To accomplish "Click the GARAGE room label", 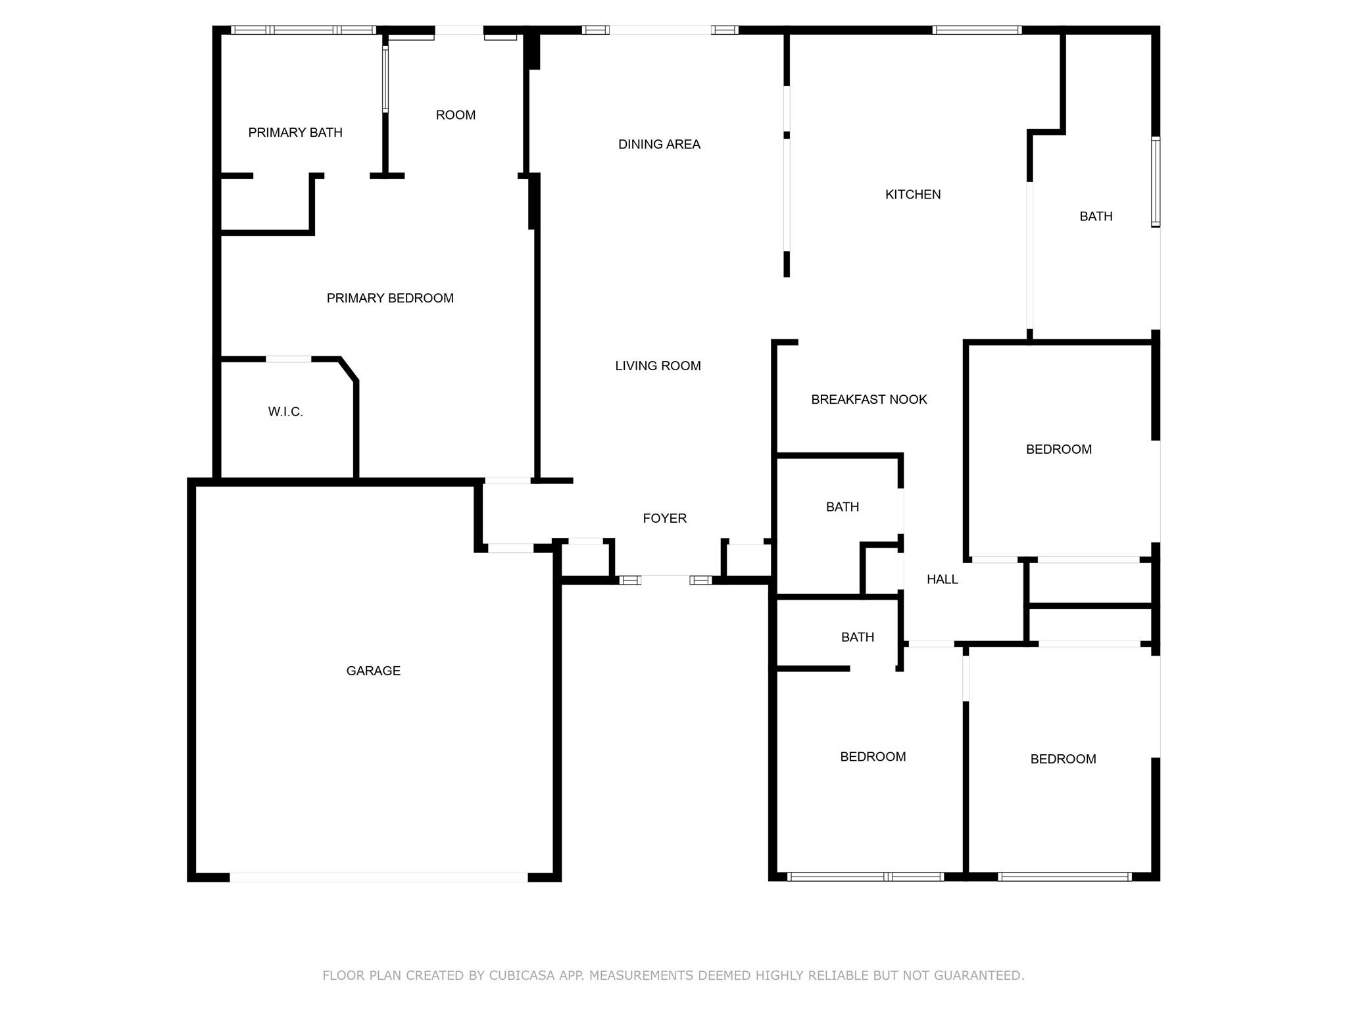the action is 373,671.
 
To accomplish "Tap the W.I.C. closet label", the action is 285,412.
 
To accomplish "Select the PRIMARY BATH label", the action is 295,133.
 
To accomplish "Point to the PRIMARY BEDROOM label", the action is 390,299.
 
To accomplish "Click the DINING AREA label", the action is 659,145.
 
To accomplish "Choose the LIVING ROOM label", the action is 658,366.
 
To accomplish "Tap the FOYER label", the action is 664,519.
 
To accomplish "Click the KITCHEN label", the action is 913,195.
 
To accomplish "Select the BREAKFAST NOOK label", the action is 869,400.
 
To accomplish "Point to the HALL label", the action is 942,579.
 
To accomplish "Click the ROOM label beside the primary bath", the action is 455,115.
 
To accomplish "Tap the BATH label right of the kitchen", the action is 1096,216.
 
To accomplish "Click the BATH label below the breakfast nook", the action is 843,507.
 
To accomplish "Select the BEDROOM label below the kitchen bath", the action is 1059,450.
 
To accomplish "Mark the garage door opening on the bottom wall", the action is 378,877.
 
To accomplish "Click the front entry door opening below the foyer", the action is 665,580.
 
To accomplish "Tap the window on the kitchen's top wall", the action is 977,30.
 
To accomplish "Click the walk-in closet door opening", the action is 288,359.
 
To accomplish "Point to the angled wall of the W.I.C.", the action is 349,370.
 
